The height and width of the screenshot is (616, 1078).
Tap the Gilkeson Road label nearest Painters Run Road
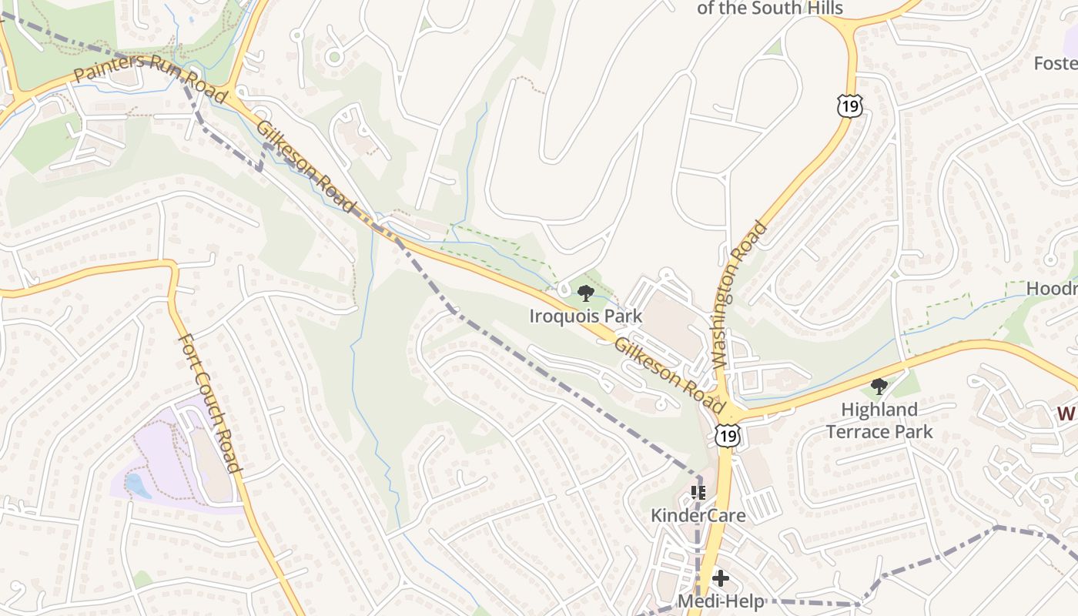coord(306,166)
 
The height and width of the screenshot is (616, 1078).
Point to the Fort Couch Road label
coord(210,403)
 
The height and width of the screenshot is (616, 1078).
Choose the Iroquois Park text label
coord(585,316)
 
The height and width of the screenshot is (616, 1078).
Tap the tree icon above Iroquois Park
coord(585,293)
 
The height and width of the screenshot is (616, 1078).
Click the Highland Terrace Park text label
coord(879,420)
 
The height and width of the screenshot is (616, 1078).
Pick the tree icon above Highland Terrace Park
coord(879,387)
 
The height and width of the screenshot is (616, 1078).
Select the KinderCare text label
coord(698,515)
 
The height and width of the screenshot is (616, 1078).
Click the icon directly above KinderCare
coord(698,492)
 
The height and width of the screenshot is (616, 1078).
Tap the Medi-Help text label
coord(721,601)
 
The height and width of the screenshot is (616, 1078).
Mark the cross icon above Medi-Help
coord(721,577)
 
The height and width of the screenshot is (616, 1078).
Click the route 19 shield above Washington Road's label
coord(851,105)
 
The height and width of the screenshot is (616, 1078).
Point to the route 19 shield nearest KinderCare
coord(728,436)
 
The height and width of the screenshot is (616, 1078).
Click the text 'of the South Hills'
coord(770,8)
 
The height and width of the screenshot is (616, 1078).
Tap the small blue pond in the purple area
coord(136,486)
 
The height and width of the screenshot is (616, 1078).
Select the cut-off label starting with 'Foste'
coord(1056,62)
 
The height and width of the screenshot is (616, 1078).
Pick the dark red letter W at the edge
coord(1066,413)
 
